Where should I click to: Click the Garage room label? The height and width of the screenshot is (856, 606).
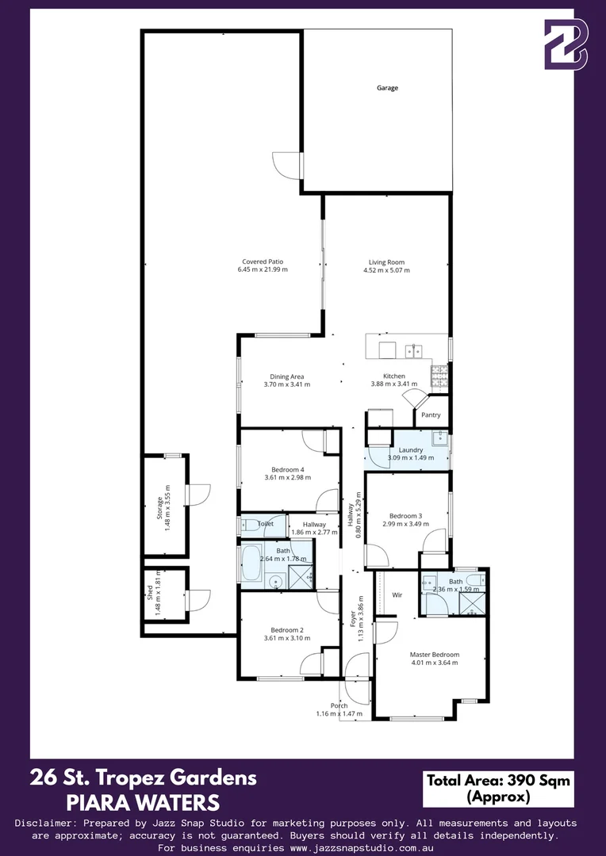click(x=387, y=88)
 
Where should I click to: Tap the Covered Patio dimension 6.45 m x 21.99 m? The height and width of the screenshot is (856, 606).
click(x=263, y=270)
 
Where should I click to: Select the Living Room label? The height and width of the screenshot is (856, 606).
click(x=386, y=262)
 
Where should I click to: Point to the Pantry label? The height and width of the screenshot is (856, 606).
click(x=431, y=415)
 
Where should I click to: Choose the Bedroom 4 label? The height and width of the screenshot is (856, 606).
click(x=287, y=469)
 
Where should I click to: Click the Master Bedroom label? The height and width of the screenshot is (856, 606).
click(x=434, y=655)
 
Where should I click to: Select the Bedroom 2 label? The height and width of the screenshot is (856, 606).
click(x=287, y=629)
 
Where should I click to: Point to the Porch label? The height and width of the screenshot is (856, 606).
click(x=339, y=705)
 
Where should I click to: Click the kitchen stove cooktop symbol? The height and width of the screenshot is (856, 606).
click(x=439, y=376)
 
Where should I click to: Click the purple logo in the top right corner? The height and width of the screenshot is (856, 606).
click(x=566, y=44)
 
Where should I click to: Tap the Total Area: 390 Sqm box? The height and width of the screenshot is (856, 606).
click(x=497, y=788)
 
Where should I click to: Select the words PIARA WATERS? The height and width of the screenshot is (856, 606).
click(x=143, y=802)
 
